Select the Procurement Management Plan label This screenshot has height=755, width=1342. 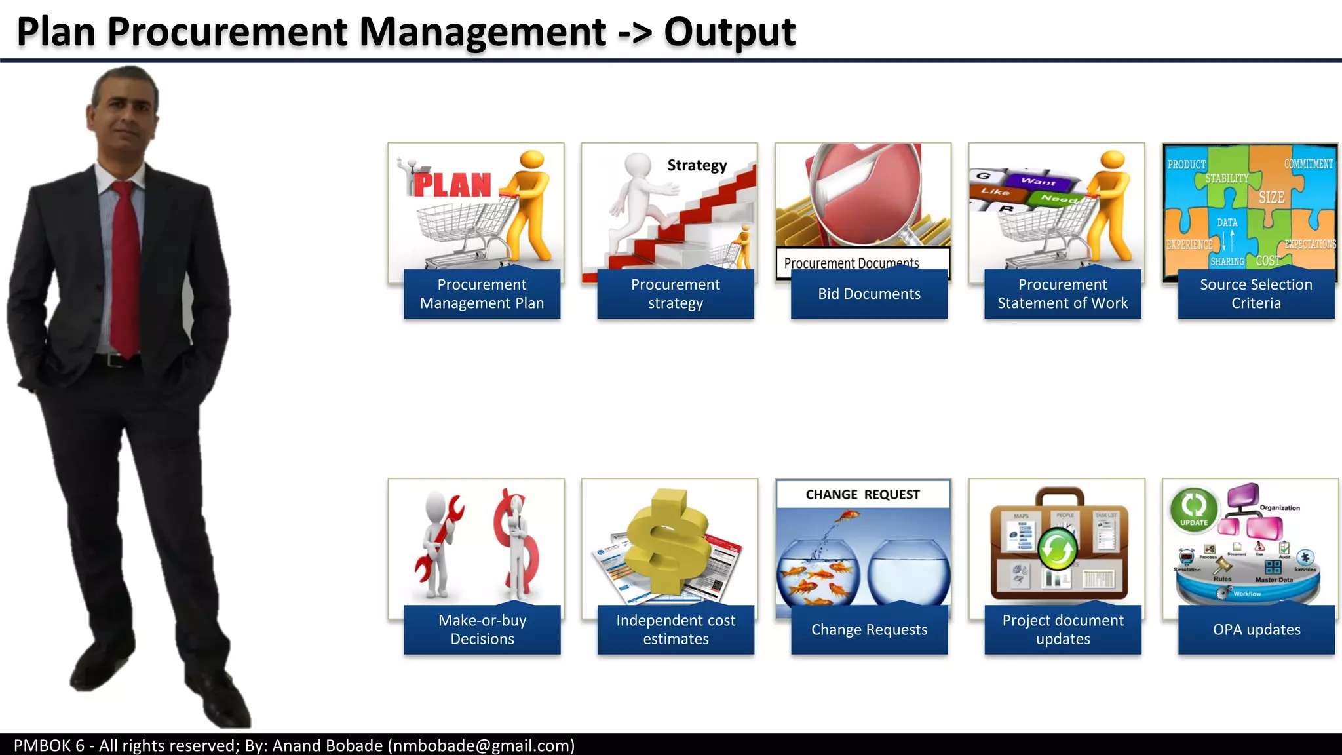482,294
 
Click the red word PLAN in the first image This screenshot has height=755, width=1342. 452,185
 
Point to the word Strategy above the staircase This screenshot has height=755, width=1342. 697,165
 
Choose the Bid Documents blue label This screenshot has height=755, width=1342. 869,294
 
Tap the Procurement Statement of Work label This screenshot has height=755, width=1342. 1062,294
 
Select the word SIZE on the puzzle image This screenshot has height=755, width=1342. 1271,197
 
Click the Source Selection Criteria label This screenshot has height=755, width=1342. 1256,294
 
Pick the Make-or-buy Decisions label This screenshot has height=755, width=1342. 482,629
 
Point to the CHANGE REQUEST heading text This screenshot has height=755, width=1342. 862,495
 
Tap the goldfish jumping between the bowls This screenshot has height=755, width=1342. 846,518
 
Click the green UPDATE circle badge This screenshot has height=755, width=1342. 1193,510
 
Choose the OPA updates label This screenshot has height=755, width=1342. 1256,630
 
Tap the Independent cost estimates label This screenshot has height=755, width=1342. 676,629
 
